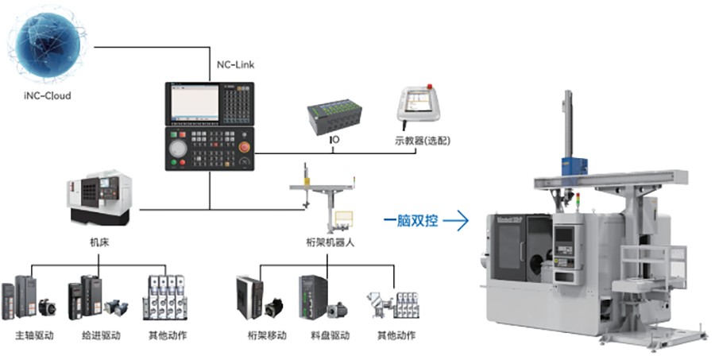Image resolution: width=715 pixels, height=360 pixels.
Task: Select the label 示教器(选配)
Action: point(423,143)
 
